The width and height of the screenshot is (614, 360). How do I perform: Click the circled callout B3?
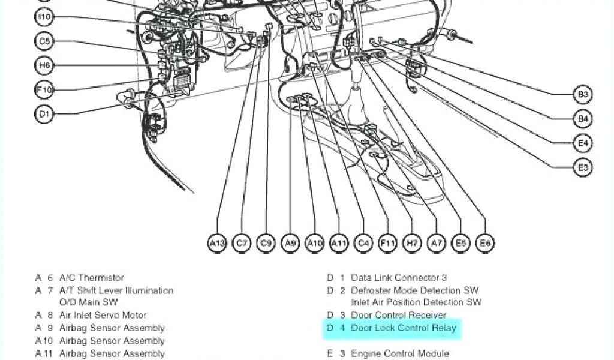583,94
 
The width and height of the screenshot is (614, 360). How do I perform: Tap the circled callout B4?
583,119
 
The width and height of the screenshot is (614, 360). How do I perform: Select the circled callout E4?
583,143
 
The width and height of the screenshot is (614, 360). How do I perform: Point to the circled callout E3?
583,168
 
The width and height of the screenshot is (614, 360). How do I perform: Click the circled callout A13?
217,243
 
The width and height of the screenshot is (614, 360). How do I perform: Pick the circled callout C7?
242,243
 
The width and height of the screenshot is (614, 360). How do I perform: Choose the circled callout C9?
266,243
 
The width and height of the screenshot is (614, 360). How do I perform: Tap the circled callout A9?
290,243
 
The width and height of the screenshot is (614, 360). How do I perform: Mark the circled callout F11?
387,243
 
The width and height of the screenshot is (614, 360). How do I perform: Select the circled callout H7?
412,243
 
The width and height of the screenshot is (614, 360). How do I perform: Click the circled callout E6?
485,243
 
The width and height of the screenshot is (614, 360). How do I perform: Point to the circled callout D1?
44,114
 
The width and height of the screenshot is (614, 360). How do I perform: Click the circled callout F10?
44,90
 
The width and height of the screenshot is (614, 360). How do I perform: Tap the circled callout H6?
44,65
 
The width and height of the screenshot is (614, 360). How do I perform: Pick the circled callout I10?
44,17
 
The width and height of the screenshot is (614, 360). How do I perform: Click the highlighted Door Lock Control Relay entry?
403,328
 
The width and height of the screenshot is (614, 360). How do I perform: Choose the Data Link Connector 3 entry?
399,278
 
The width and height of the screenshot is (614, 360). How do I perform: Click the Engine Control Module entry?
399,353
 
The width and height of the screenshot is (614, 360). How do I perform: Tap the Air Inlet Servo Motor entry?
103,315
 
